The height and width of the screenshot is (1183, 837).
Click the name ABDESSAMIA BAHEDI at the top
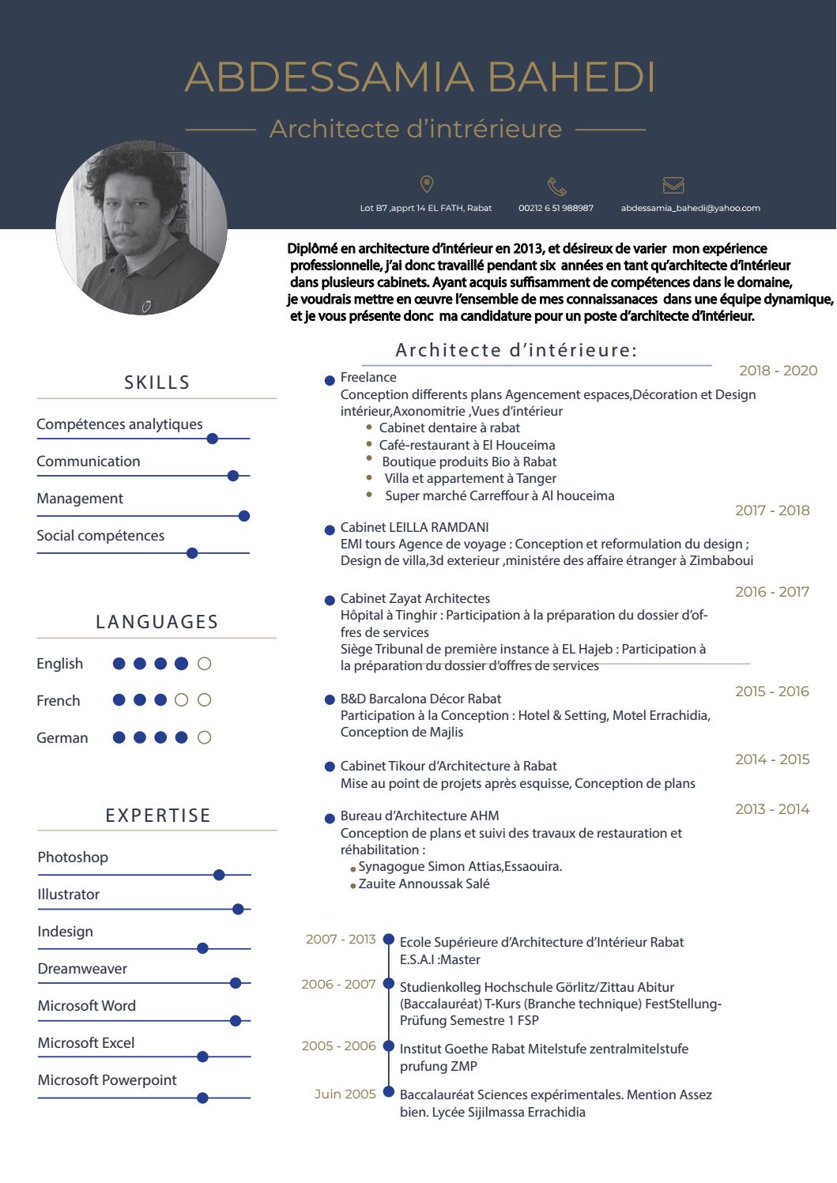click(419, 77)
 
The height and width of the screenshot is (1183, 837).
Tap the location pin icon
click(427, 184)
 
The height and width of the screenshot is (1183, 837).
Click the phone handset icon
click(556, 186)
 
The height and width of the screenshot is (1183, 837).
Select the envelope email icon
click(673, 185)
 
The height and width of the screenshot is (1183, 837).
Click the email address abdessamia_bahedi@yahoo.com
click(690, 208)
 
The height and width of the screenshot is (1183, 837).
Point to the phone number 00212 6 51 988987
click(556, 208)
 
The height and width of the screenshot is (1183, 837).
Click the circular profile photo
click(141, 229)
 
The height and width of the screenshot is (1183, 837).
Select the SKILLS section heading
click(157, 382)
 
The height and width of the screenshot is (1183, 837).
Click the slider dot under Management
click(244, 516)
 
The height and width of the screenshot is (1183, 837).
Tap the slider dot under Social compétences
click(191, 553)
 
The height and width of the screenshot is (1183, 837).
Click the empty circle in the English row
click(204, 664)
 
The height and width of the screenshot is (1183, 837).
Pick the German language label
click(62, 738)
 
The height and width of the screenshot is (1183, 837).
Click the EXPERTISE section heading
click(158, 816)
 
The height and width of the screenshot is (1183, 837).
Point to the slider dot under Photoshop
click(219, 875)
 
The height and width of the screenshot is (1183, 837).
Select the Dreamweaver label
click(82, 969)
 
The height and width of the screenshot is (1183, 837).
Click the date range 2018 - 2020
click(778, 371)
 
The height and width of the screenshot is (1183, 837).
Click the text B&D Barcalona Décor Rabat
click(420, 699)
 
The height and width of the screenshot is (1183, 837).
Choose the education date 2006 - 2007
click(338, 985)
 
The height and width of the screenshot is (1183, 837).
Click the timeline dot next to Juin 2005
click(388, 1092)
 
